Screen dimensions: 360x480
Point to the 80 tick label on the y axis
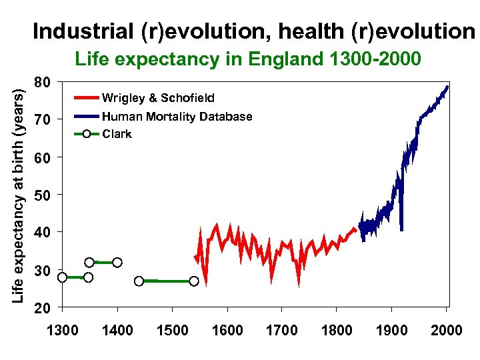click(43, 83)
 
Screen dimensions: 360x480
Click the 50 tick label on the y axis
click(43, 195)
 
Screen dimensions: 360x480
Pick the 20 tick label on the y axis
click(43, 309)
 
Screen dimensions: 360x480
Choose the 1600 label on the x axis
click(227, 330)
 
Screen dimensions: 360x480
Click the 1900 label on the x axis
click(392, 330)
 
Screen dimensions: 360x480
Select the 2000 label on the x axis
click(446, 330)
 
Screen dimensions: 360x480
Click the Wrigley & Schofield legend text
click(158, 98)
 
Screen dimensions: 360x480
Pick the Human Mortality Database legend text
click(177, 117)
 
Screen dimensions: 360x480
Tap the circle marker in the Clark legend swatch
click(86, 134)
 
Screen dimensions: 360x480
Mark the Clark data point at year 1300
click(62, 277)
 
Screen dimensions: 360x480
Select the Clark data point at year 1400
click(117, 263)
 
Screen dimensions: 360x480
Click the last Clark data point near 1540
click(193, 281)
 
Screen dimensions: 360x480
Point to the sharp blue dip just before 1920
click(401, 228)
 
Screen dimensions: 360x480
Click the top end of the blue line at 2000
click(447, 87)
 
